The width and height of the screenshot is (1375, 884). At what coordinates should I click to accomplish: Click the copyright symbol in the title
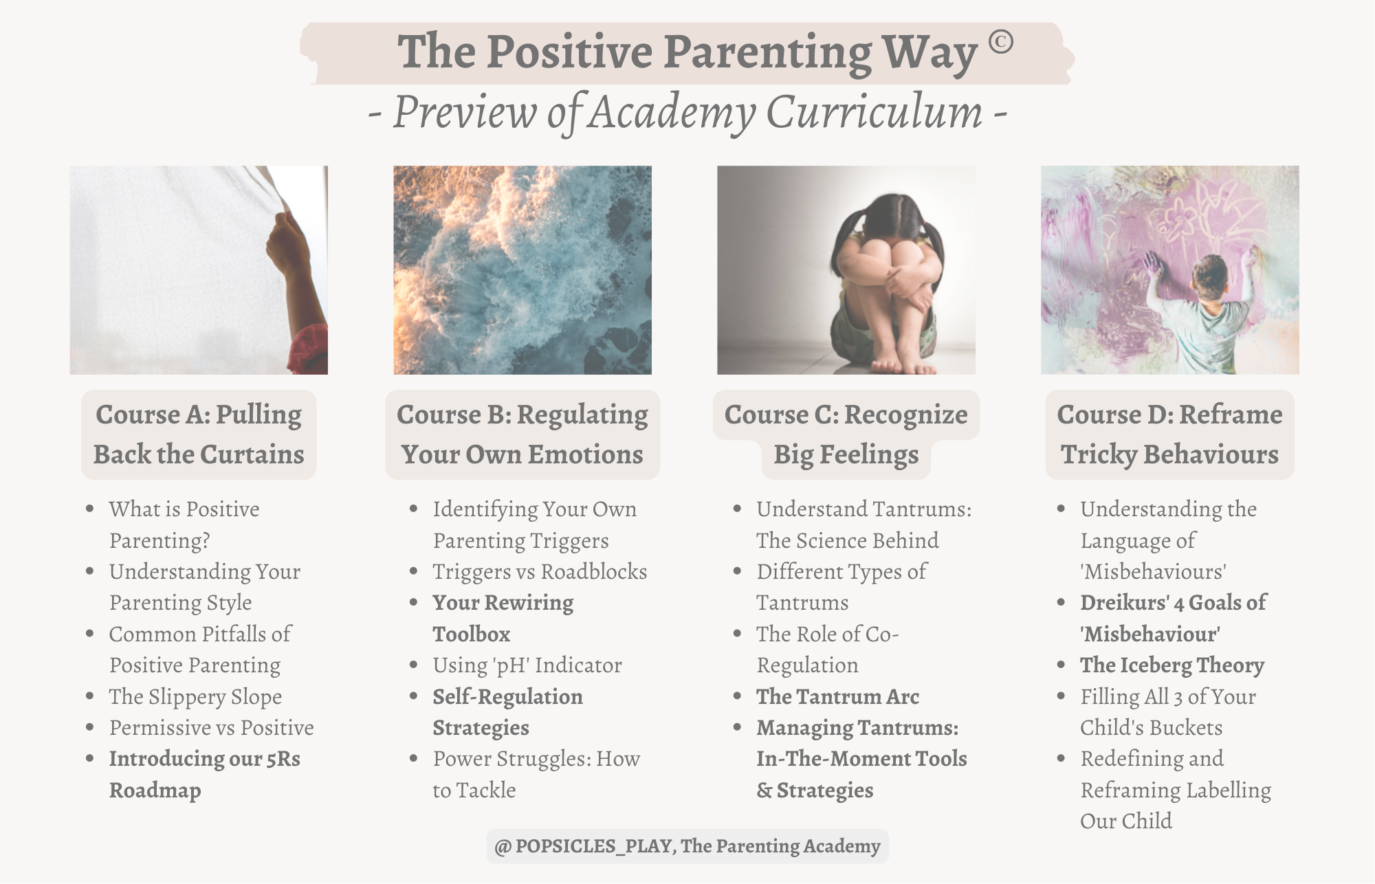(1001, 43)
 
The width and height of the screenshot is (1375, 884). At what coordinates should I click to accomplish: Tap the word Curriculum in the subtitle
(874, 111)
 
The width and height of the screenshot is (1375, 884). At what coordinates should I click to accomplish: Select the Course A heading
(199, 434)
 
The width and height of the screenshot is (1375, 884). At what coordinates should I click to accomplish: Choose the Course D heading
(1169, 434)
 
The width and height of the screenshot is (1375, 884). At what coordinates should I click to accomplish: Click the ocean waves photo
(522, 270)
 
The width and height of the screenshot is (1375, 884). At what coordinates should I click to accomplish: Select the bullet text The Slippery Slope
(195, 696)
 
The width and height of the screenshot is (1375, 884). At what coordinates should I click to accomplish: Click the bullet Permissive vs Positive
(212, 727)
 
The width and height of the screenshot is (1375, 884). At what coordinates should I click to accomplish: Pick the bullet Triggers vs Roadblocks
(540, 571)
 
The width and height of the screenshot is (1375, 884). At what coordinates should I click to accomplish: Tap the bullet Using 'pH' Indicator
(527, 665)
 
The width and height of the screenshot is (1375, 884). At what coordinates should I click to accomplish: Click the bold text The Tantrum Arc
(837, 696)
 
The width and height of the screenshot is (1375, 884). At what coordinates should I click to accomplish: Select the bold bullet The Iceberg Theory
(1172, 665)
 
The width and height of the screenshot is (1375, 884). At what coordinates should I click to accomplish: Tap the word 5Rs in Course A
(283, 759)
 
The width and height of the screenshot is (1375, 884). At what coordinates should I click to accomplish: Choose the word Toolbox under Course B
(472, 634)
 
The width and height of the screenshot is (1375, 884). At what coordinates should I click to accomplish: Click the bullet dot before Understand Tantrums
(737, 509)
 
